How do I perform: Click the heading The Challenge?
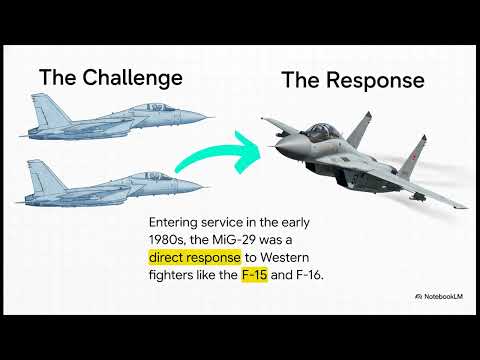click(x=110, y=76)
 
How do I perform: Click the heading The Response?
click(x=352, y=80)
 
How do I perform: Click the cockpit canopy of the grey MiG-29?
click(x=323, y=131)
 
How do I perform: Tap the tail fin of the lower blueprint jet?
click(x=40, y=166)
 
